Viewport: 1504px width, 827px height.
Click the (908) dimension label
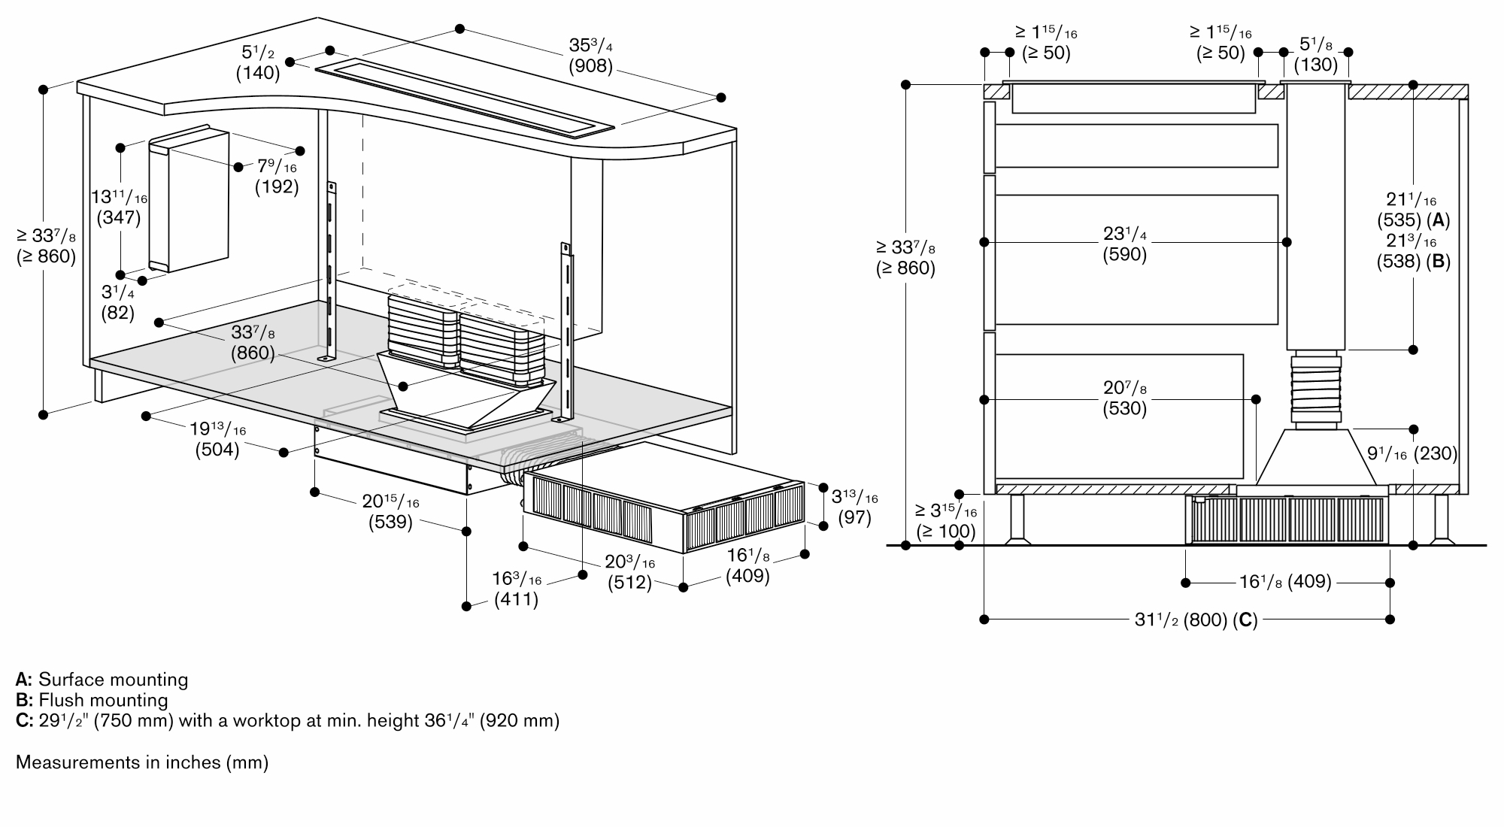click(x=590, y=67)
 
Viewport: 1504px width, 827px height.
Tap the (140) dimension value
click(x=258, y=73)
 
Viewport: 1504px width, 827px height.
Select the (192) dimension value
click(x=277, y=186)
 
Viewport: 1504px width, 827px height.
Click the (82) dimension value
click(x=118, y=312)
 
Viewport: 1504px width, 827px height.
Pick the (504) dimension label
click(x=217, y=450)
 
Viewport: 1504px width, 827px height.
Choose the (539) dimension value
click(x=390, y=521)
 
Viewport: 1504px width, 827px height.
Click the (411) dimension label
click(x=516, y=599)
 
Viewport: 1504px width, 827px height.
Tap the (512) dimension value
click(x=629, y=583)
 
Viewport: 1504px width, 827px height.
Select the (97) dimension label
click(x=854, y=517)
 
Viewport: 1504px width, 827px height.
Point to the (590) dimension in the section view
click(x=1124, y=254)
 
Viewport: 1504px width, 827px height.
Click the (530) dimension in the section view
click(x=1124, y=408)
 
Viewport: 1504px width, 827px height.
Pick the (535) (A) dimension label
click(x=1413, y=220)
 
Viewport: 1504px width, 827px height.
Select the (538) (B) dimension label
click(x=1413, y=261)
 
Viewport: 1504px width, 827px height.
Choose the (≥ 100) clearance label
click(x=945, y=531)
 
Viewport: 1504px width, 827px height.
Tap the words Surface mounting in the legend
click(x=113, y=680)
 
